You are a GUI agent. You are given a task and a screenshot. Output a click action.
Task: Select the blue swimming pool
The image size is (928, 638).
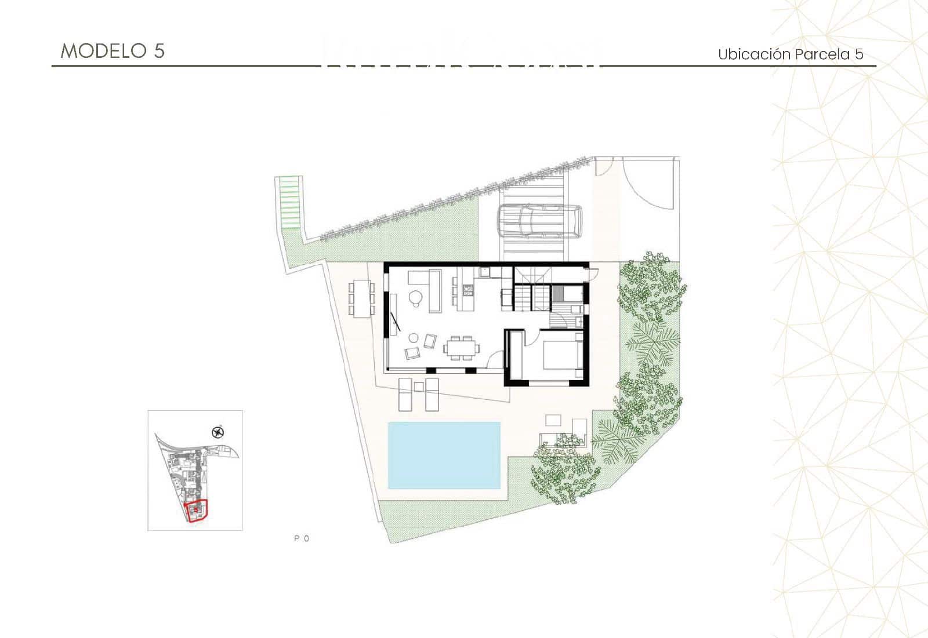444,455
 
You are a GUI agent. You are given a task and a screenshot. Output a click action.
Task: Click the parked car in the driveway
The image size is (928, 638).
539,222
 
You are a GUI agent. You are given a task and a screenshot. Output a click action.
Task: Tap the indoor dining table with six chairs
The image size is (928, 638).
462,348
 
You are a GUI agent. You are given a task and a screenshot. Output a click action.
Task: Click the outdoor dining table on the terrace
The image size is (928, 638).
361,298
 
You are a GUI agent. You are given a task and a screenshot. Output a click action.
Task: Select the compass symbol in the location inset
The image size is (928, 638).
218,431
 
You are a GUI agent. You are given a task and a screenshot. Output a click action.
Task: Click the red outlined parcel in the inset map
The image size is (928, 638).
196,511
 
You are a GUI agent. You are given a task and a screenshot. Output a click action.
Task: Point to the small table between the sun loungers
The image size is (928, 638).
419,387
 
